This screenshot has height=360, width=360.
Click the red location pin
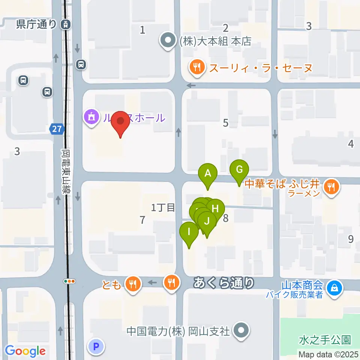pos(120,122)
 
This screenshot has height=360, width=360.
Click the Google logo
pos(25,351)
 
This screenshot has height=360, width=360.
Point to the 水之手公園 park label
pos(325,340)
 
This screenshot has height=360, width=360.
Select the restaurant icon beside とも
pos(133,284)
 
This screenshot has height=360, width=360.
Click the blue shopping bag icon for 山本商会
pos(333,288)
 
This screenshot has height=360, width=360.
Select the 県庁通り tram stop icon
pos(66,25)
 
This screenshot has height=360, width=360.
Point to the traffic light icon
pos(70,281)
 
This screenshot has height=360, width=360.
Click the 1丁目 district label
pos(163,207)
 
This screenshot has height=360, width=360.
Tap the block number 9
pos(351,239)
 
